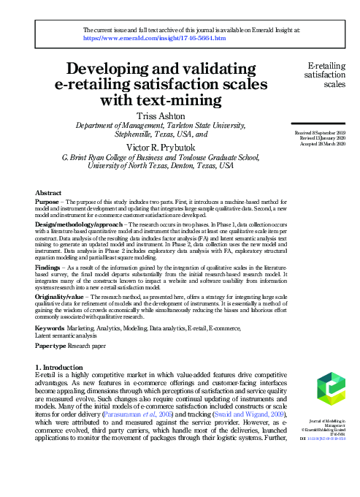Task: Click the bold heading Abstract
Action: tap(49, 192)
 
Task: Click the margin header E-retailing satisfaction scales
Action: tap(329, 73)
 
